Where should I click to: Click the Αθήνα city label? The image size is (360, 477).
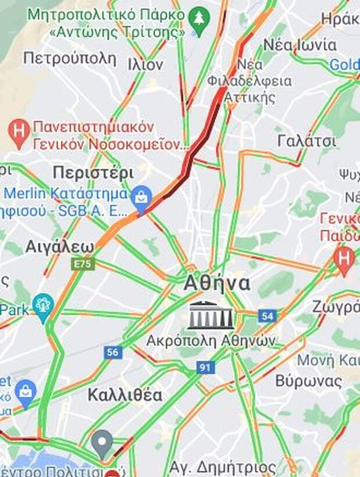pyautogui.click(x=217, y=283)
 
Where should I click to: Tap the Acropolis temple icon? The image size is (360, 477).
pyautogui.click(x=211, y=316)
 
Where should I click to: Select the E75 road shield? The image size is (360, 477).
pyautogui.click(x=83, y=264)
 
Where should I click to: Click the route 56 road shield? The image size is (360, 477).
pyautogui.click(x=113, y=352)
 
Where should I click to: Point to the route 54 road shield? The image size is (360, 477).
pyautogui.click(x=266, y=316)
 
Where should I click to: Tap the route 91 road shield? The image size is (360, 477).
pyautogui.click(x=205, y=367)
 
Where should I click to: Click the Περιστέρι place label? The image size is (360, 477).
pyautogui.click(x=93, y=173)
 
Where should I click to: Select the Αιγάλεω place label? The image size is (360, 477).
pyautogui.click(x=59, y=247)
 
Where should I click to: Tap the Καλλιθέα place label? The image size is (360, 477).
pyautogui.click(x=124, y=395)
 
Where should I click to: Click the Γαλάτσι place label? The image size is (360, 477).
pyautogui.click(x=306, y=141)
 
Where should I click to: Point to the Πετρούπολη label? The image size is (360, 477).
pyautogui.click(x=70, y=58)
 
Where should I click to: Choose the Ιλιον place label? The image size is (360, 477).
pyautogui.click(x=145, y=65)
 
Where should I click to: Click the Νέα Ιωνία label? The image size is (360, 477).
pyautogui.click(x=300, y=44)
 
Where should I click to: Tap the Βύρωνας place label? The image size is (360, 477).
pyautogui.click(x=308, y=381)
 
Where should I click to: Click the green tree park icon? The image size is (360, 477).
pyautogui.click(x=200, y=21)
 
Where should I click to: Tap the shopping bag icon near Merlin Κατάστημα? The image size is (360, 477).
pyautogui.click(x=141, y=197)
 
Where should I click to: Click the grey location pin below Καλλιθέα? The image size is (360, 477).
pyautogui.click(x=103, y=443)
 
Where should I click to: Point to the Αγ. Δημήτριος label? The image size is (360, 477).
pyautogui.click(x=223, y=467)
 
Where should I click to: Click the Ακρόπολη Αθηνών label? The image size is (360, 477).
pyautogui.click(x=211, y=341)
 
